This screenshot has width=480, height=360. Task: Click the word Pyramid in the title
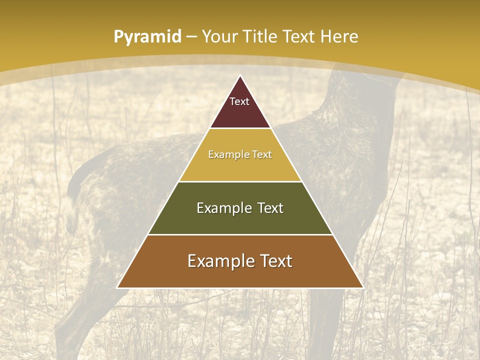click(x=147, y=36)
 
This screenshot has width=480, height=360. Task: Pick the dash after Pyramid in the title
click(x=191, y=37)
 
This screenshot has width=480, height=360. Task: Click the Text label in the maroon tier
click(x=239, y=101)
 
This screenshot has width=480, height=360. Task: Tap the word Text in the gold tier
click(x=261, y=154)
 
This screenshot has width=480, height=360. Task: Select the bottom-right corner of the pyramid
click(x=362, y=287)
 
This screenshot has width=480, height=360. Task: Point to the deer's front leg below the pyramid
click(x=325, y=320)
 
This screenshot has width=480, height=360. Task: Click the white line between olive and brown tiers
click(x=240, y=234)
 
